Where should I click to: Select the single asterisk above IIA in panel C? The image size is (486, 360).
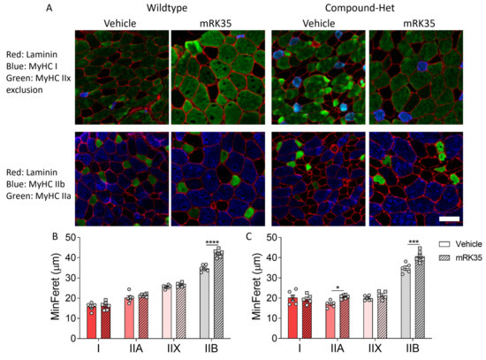tap(338, 287)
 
